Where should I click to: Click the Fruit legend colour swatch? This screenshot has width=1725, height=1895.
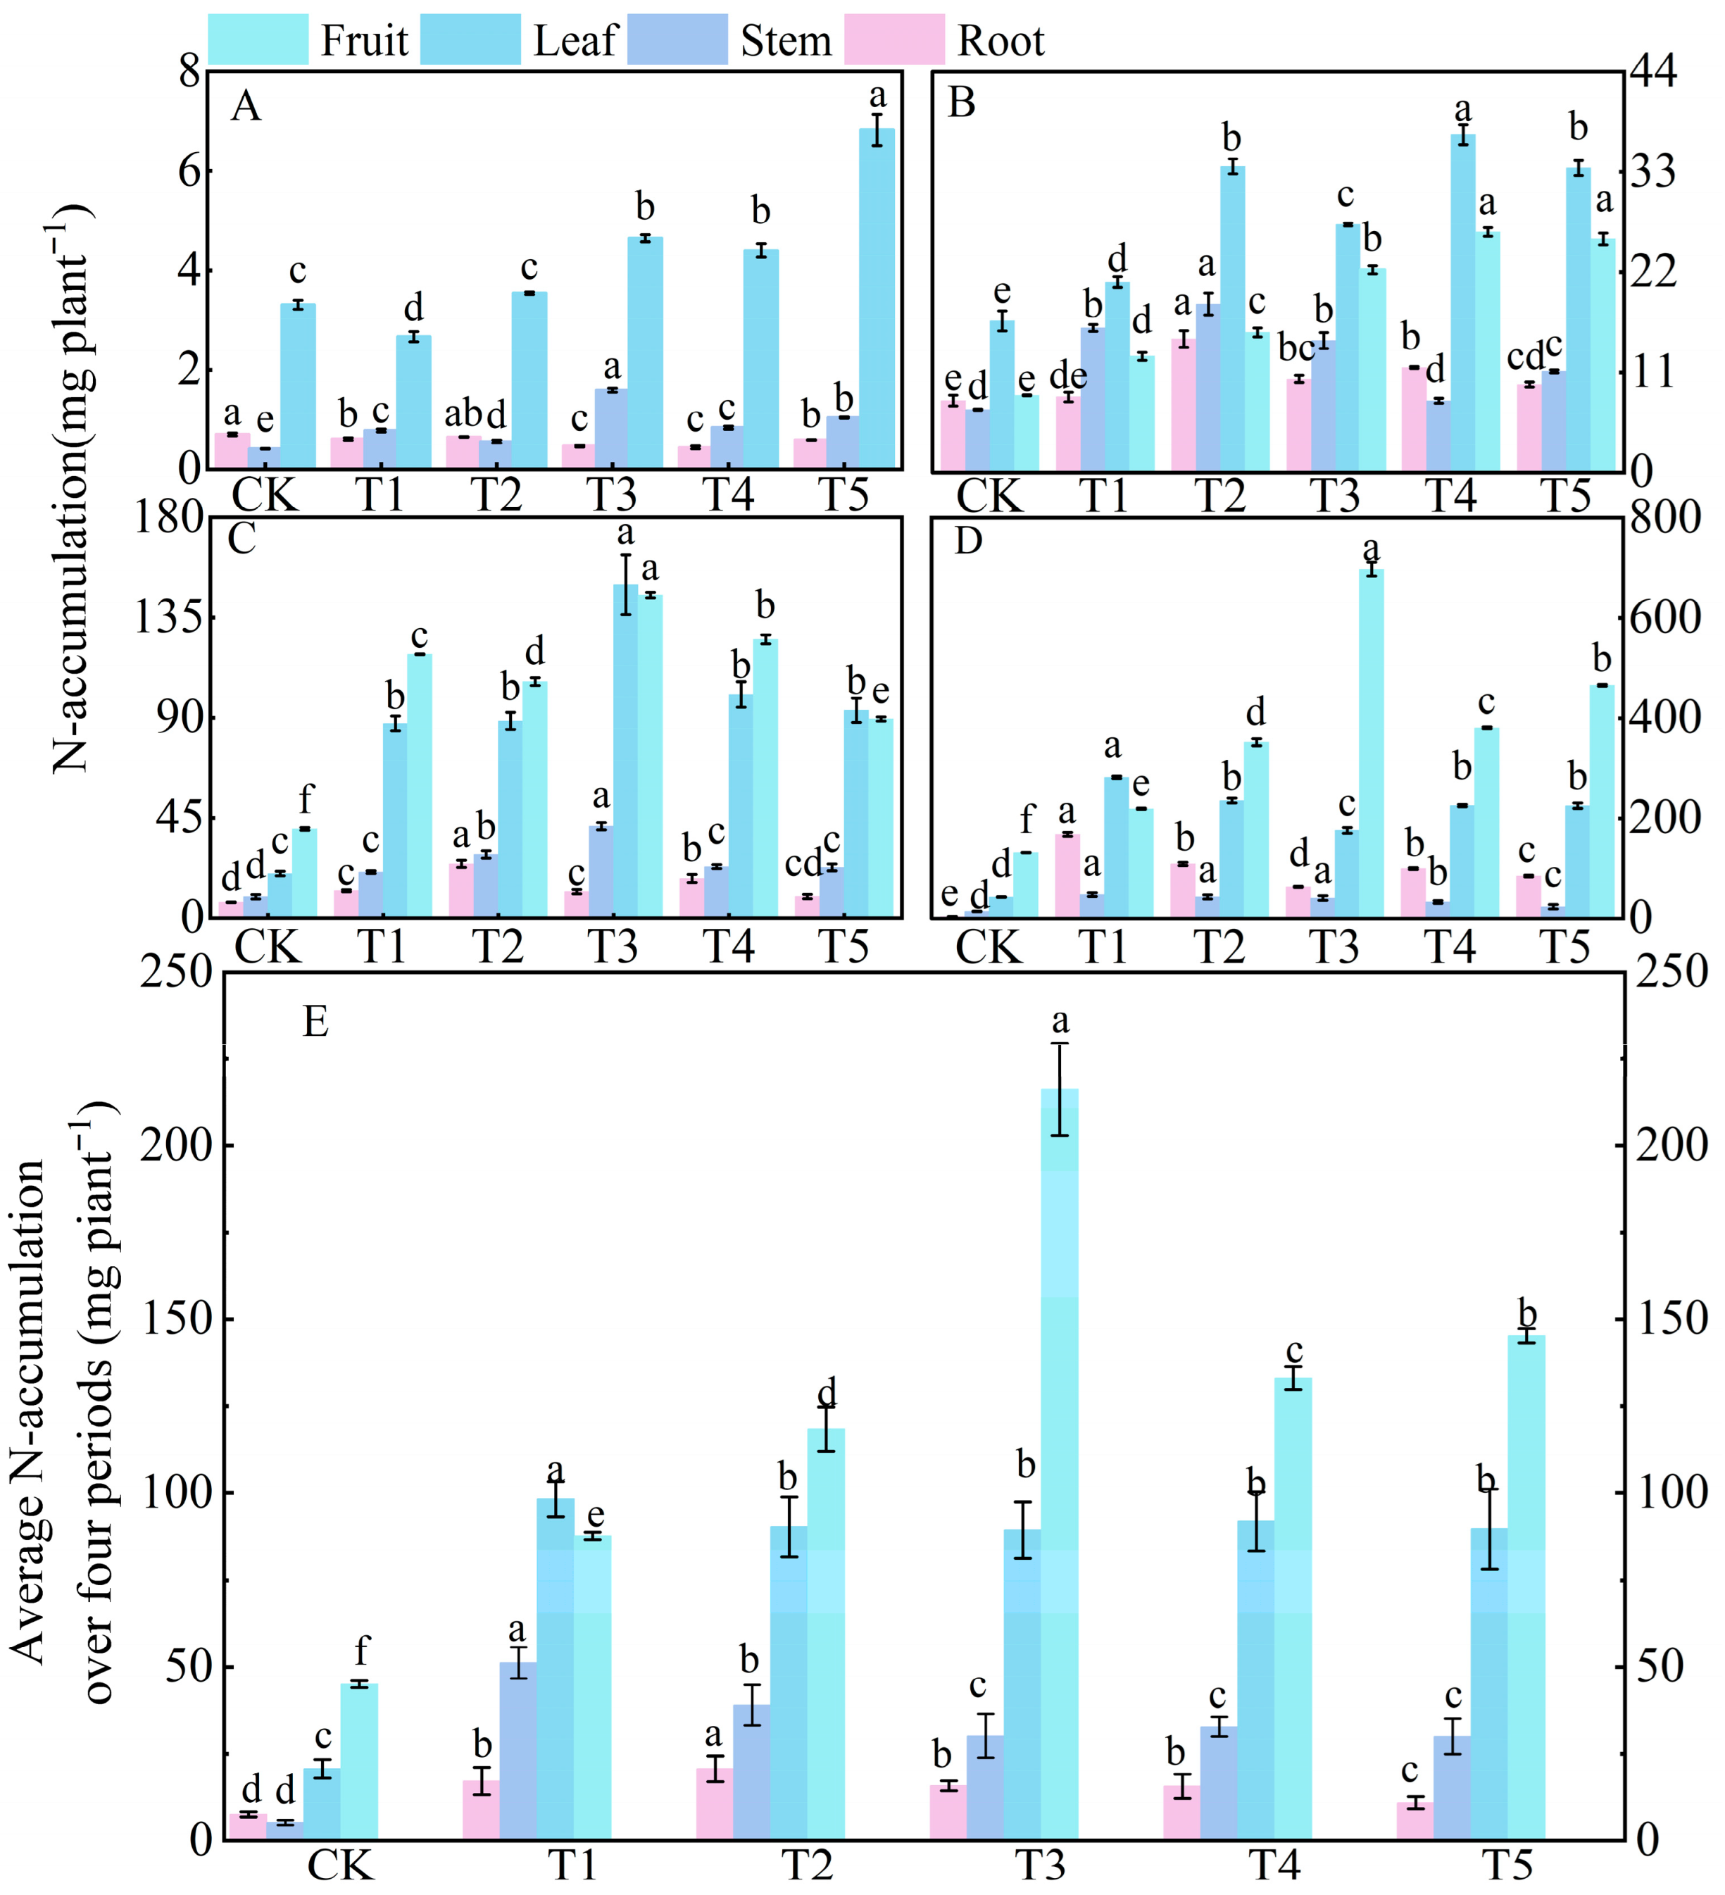tap(258, 39)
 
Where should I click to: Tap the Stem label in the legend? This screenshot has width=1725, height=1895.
tap(786, 42)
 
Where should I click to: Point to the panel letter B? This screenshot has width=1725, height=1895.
tap(961, 104)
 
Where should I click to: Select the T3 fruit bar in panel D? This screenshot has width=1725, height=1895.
tap(1371, 743)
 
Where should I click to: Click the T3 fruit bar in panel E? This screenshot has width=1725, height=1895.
tap(1060, 1466)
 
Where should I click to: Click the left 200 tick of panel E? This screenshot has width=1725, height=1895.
tap(174, 1146)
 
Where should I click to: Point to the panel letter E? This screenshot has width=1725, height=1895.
tap(315, 1021)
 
